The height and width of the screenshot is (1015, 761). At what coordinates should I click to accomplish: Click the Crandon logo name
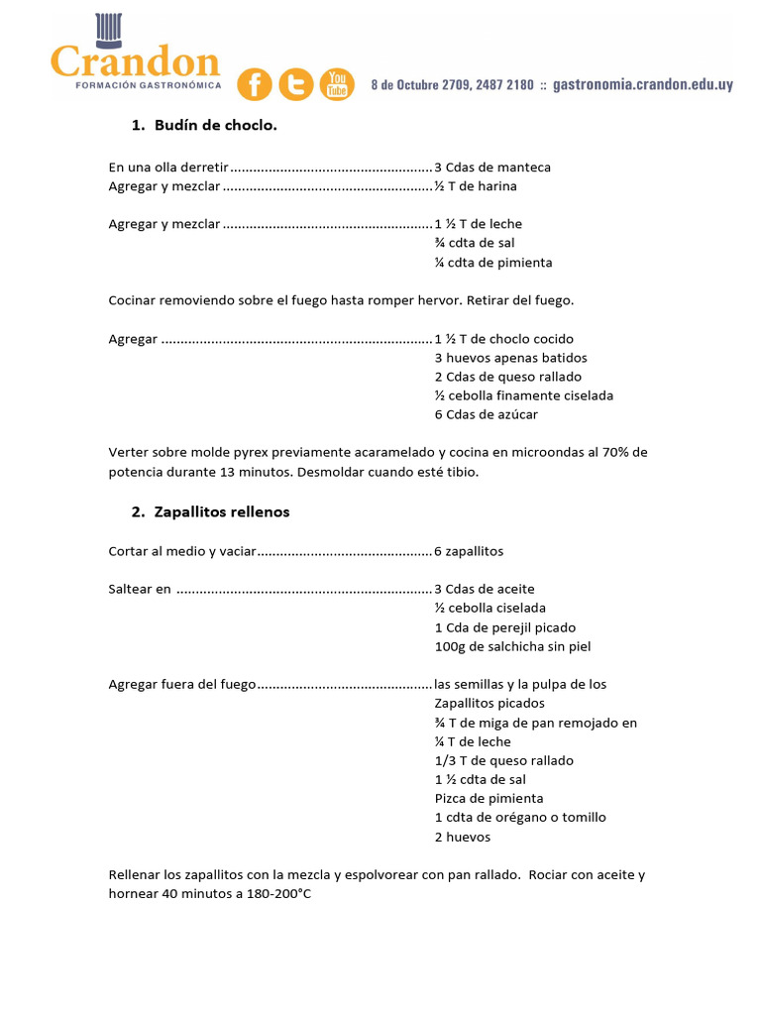tap(135, 63)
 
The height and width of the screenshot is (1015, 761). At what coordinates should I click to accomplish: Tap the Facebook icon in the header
tap(255, 85)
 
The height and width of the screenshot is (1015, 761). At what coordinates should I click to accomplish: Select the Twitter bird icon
tap(296, 85)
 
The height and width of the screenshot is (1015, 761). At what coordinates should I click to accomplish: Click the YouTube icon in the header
tap(337, 85)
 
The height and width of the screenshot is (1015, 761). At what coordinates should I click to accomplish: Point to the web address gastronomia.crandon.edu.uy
tap(643, 85)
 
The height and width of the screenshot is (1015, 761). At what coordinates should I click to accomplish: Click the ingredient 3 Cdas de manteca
tap(492, 168)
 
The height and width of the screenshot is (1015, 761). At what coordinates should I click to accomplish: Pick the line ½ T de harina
tap(476, 186)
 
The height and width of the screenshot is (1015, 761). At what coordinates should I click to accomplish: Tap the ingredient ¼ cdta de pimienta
tap(493, 263)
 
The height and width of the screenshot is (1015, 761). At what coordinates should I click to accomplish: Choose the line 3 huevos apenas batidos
tap(510, 358)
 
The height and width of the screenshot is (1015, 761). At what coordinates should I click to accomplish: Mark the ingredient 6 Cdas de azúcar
tap(487, 414)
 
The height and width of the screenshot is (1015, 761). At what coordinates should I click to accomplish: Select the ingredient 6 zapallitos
tap(469, 551)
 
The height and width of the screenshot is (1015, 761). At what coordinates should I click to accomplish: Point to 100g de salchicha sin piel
tap(512, 646)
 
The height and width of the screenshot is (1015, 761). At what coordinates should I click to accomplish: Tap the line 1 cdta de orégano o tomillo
tap(520, 818)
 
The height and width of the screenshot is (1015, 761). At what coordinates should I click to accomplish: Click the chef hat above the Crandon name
tap(107, 30)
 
